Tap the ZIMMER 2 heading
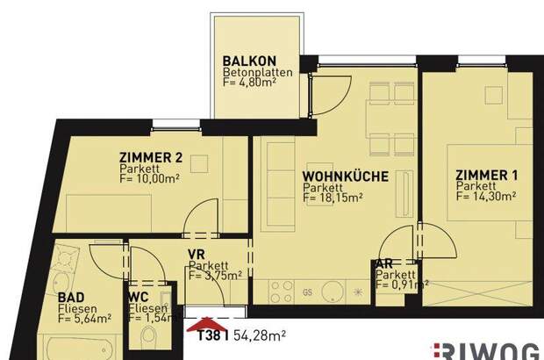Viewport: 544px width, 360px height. pos(150,158)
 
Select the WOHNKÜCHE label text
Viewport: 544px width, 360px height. pos(345,176)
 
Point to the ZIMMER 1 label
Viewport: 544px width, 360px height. pos(486,176)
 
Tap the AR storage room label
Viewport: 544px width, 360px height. pos(383,263)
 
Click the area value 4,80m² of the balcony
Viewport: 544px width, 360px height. pos(261,85)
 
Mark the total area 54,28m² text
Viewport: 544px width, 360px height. pos(259,335)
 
